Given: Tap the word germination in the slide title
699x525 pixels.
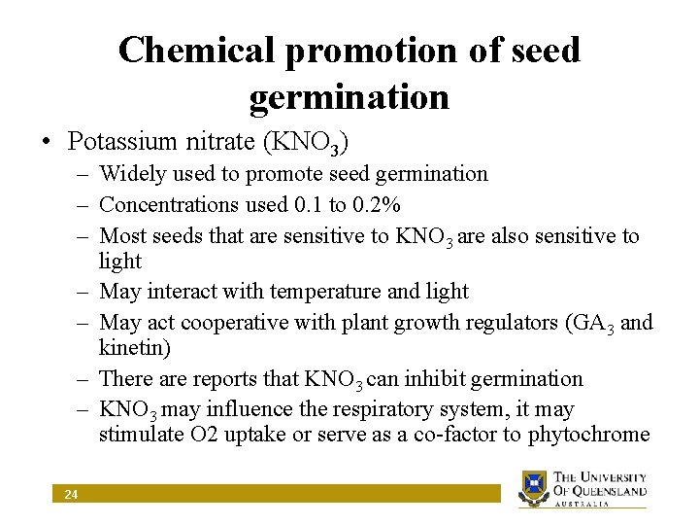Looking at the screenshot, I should click(x=349, y=97).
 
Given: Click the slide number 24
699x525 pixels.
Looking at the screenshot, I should click(x=71, y=496).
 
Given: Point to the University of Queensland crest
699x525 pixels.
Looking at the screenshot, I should click(x=533, y=489).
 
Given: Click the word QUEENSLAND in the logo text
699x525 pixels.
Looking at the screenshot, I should click(x=609, y=491).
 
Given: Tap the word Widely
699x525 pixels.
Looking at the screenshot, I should click(x=131, y=174).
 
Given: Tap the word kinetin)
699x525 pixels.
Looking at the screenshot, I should click(x=134, y=347).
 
